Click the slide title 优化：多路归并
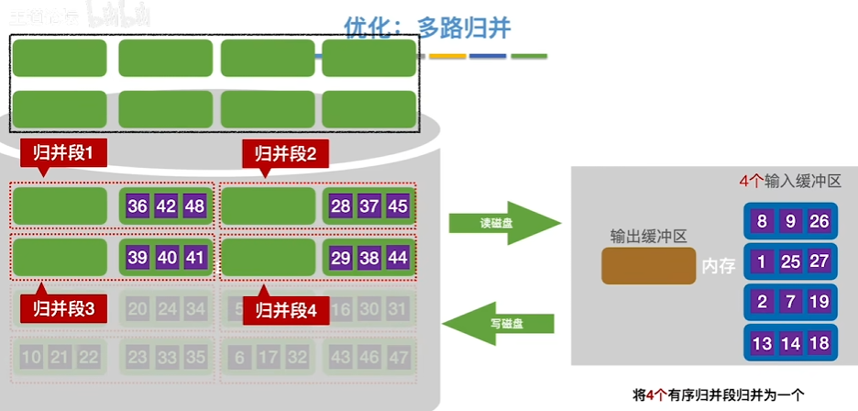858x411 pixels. click(427, 28)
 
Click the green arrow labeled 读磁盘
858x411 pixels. click(503, 223)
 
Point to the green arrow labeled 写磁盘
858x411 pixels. click(500, 323)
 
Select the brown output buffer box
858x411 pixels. click(648, 265)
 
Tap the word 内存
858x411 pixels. click(720, 266)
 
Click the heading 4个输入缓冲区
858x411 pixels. click(790, 182)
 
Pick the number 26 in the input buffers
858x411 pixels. click(819, 221)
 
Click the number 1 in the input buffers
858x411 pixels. click(763, 261)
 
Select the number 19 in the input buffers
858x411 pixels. click(819, 302)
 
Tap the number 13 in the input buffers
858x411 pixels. click(763, 343)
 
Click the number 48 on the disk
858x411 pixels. click(194, 205)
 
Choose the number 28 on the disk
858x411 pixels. click(341, 205)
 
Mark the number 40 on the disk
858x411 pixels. click(167, 258)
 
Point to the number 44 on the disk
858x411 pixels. click(397, 258)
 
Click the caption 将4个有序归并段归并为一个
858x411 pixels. click(718, 395)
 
